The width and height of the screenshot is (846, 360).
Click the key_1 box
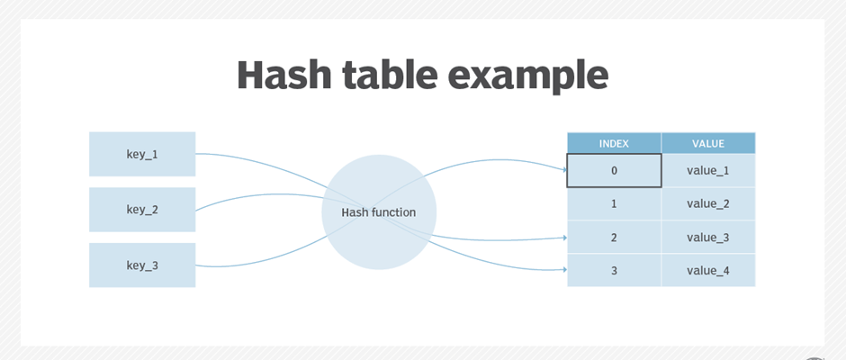(x=142, y=154)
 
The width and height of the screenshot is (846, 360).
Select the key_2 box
(x=142, y=210)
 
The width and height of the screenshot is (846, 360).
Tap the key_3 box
(x=142, y=265)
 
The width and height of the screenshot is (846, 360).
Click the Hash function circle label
(x=379, y=212)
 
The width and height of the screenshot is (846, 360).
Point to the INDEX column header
(x=614, y=144)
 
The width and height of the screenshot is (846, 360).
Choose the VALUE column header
(x=708, y=144)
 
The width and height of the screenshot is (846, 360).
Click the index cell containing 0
(x=614, y=171)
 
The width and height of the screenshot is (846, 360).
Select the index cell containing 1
(x=614, y=204)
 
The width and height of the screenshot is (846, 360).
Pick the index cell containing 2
(x=614, y=238)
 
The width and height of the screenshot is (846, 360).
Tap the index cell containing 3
(x=614, y=270)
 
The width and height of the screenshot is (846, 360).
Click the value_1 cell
(x=708, y=171)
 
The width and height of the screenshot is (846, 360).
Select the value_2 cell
(x=708, y=204)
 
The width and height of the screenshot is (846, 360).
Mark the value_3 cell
(x=708, y=238)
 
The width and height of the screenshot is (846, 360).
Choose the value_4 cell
(x=708, y=270)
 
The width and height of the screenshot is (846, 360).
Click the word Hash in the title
(x=284, y=75)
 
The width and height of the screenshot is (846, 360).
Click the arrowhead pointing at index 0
(x=565, y=169)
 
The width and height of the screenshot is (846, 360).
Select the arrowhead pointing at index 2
(x=565, y=238)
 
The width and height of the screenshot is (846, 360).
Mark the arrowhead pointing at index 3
(x=565, y=269)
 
